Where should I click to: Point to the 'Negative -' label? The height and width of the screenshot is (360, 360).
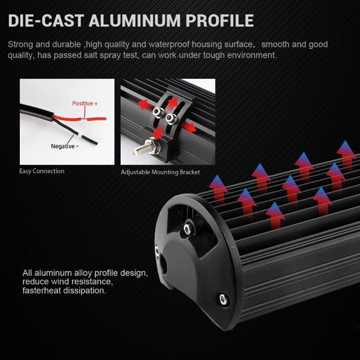65,146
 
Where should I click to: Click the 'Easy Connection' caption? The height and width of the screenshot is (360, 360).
42,171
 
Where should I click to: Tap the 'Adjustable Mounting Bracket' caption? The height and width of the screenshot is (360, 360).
160,172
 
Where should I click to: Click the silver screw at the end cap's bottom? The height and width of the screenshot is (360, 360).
222,297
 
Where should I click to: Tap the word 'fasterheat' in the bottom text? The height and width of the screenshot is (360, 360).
42,291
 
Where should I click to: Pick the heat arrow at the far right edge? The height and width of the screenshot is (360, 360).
346,153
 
